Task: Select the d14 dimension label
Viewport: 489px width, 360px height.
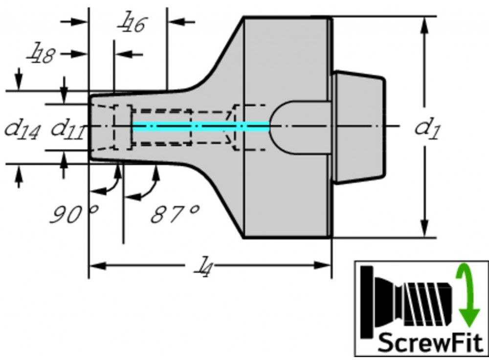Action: (x=22, y=130)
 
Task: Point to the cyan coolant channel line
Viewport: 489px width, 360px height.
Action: (x=200, y=126)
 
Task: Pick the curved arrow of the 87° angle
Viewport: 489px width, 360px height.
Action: (x=147, y=186)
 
